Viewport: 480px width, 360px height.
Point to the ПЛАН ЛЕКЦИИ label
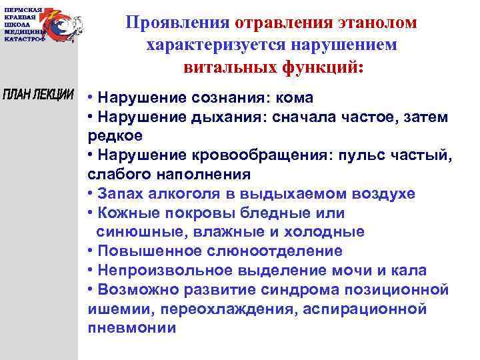[x=38, y=94]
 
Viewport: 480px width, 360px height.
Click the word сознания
[x=227, y=98]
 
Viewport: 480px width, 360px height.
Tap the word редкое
[x=111, y=137]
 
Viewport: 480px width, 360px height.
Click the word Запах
[x=119, y=194]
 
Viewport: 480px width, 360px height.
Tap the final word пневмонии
[x=131, y=329]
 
